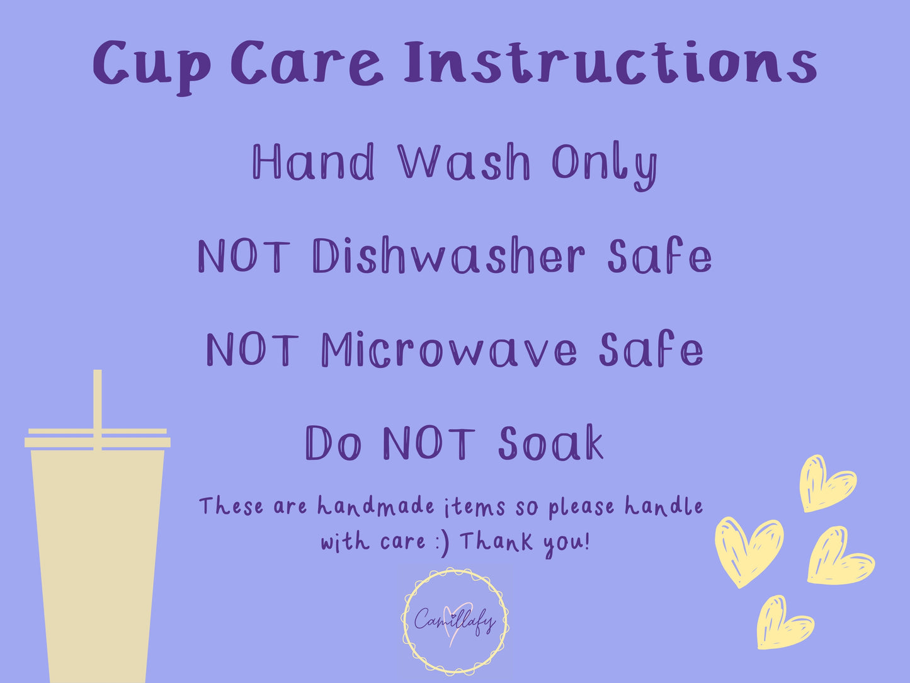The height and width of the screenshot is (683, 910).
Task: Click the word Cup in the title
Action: [152, 66]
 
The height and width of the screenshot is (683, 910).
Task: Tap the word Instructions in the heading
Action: [610, 63]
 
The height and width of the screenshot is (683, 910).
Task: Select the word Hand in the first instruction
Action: [314, 161]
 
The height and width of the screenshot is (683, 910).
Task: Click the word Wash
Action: [464, 161]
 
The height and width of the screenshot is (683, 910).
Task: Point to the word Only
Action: [605, 165]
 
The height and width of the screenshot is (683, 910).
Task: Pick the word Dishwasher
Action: [448, 255]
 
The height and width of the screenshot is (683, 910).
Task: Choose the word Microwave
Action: [448, 349]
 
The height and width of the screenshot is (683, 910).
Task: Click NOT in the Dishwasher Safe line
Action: [244, 256]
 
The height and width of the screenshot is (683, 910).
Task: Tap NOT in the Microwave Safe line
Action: [252, 349]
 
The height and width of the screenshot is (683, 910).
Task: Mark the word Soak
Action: [550, 442]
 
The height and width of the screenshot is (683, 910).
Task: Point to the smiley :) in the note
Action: [443, 543]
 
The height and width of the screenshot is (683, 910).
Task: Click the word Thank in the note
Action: [497, 541]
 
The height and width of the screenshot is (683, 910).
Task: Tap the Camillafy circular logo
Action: [455, 621]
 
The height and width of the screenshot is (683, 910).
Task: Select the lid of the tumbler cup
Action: [98, 438]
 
